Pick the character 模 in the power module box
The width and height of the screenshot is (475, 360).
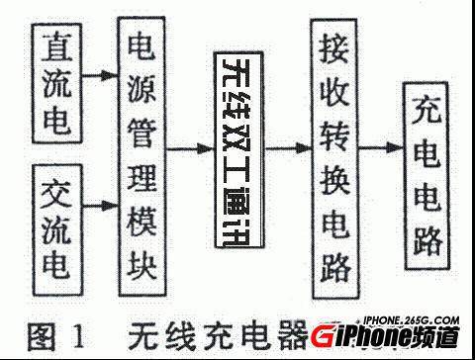click(142, 231)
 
